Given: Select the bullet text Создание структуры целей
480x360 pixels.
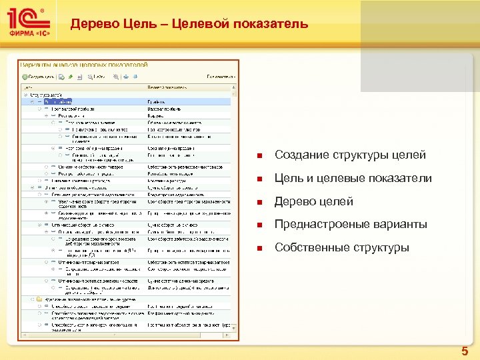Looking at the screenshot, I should click(350, 155).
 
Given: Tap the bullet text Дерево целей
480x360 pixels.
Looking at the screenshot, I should click(313, 201).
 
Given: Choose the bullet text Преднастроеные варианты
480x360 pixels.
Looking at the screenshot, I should click(351, 225).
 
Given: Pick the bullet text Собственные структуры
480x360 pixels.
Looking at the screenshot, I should click(342, 248).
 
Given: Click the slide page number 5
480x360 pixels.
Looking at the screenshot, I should click(465, 351).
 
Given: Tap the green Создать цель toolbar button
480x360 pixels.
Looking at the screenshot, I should click(39, 77).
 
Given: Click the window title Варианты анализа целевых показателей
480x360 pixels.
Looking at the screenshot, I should click(83, 65).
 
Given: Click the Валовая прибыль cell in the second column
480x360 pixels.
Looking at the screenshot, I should click(164, 109).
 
